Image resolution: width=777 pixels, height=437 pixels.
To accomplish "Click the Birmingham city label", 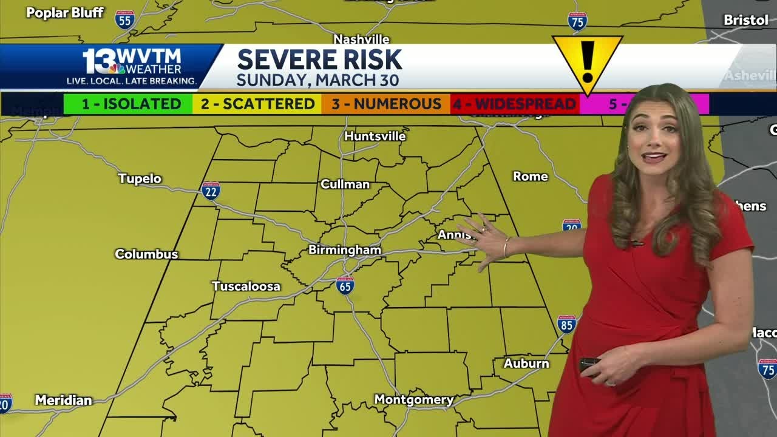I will pyautogui.click(x=345, y=250).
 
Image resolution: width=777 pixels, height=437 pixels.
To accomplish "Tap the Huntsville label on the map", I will pyautogui.click(x=375, y=137).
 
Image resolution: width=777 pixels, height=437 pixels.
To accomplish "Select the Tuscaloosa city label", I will pyautogui.click(x=246, y=286).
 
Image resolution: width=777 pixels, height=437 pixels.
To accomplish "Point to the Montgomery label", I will pyautogui.click(x=413, y=400).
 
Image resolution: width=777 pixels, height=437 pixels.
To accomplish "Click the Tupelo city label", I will pyautogui.click(x=140, y=178).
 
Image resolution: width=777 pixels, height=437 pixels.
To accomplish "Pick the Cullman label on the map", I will pyautogui.click(x=345, y=185).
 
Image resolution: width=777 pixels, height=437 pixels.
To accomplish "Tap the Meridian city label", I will pyautogui.click(x=63, y=401).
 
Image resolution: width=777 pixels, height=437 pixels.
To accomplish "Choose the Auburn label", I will pyautogui.click(x=526, y=364).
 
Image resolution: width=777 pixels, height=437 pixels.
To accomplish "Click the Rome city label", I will pyautogui.click(x=531, y=177).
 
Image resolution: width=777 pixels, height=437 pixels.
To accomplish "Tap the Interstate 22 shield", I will pyautogui.click(x=211, y=191).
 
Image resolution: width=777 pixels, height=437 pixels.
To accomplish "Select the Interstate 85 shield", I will pyautogui.click(x=566, y=324).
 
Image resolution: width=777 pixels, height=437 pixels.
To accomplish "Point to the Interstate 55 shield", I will pyautogui.click(x=124, y=19).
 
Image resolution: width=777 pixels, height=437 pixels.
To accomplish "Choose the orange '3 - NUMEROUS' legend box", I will pyautogui.click(x=386, y=104).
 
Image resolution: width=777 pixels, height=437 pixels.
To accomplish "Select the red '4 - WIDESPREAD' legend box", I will pyautogui.click(x=515, y=104).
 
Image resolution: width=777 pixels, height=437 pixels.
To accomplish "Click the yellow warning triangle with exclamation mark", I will pyautogui.click(x=587, y=61).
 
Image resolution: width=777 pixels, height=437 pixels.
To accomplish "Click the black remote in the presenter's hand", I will pyautogui.click(x=588, y=364).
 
